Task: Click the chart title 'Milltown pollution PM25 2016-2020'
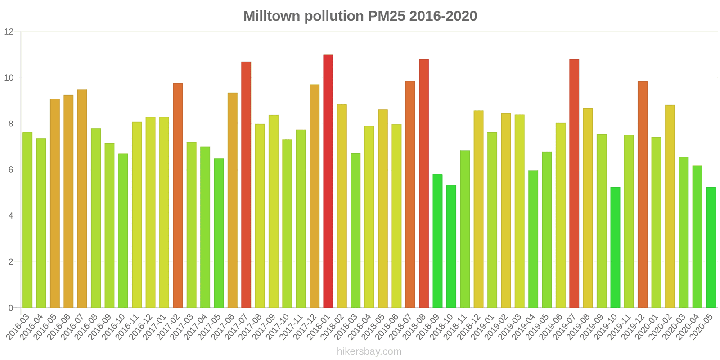coord(360,16)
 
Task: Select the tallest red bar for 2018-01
coord(328,181)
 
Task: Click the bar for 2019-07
coord(574,184)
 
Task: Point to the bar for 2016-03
coord(27,220)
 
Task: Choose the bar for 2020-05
coord(711,247)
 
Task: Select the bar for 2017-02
coord(178,195)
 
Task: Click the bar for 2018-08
coord(424,184)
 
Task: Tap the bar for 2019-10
coord(615,247)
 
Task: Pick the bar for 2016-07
coord(82,198)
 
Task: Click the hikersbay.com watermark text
coord(369,351)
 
